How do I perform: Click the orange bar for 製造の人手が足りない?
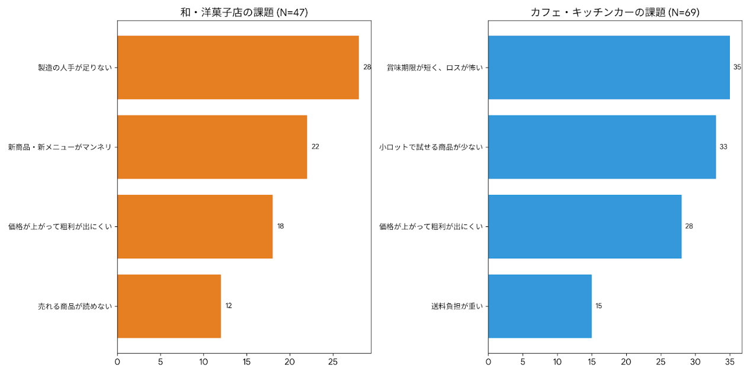coord(238,68)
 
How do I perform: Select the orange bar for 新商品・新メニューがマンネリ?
coord(212,147)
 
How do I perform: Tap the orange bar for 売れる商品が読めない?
coord(169,306)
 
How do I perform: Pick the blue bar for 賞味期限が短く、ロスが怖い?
coord(608,68)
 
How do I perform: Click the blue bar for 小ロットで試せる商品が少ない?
coord(602,147)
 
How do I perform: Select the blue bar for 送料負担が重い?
coord(540,306)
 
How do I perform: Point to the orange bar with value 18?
coord(195,226)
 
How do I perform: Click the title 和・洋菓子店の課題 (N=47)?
coord(244,12)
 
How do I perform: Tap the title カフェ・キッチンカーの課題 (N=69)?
coord(615,12)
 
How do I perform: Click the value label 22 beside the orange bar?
coord(315,147)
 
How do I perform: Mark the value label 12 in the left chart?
coord(229,306)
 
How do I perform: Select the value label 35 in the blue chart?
coord(737,68)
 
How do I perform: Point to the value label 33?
coord(723,147)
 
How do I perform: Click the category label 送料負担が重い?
coord(457,306)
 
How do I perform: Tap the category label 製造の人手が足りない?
coord(75,68)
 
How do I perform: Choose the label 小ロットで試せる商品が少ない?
coord(431,147)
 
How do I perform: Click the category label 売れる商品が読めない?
coord(75,306)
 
